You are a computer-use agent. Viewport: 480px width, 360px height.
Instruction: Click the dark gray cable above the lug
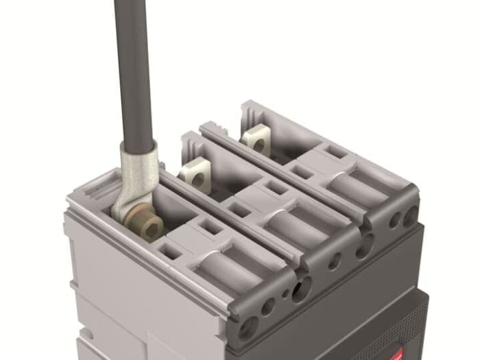point(133,69)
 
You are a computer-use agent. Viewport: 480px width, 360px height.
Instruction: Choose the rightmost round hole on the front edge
point(410,217)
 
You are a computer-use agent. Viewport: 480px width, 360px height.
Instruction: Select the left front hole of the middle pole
point(335,261)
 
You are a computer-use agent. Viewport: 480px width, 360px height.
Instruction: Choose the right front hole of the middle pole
point(361,248)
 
